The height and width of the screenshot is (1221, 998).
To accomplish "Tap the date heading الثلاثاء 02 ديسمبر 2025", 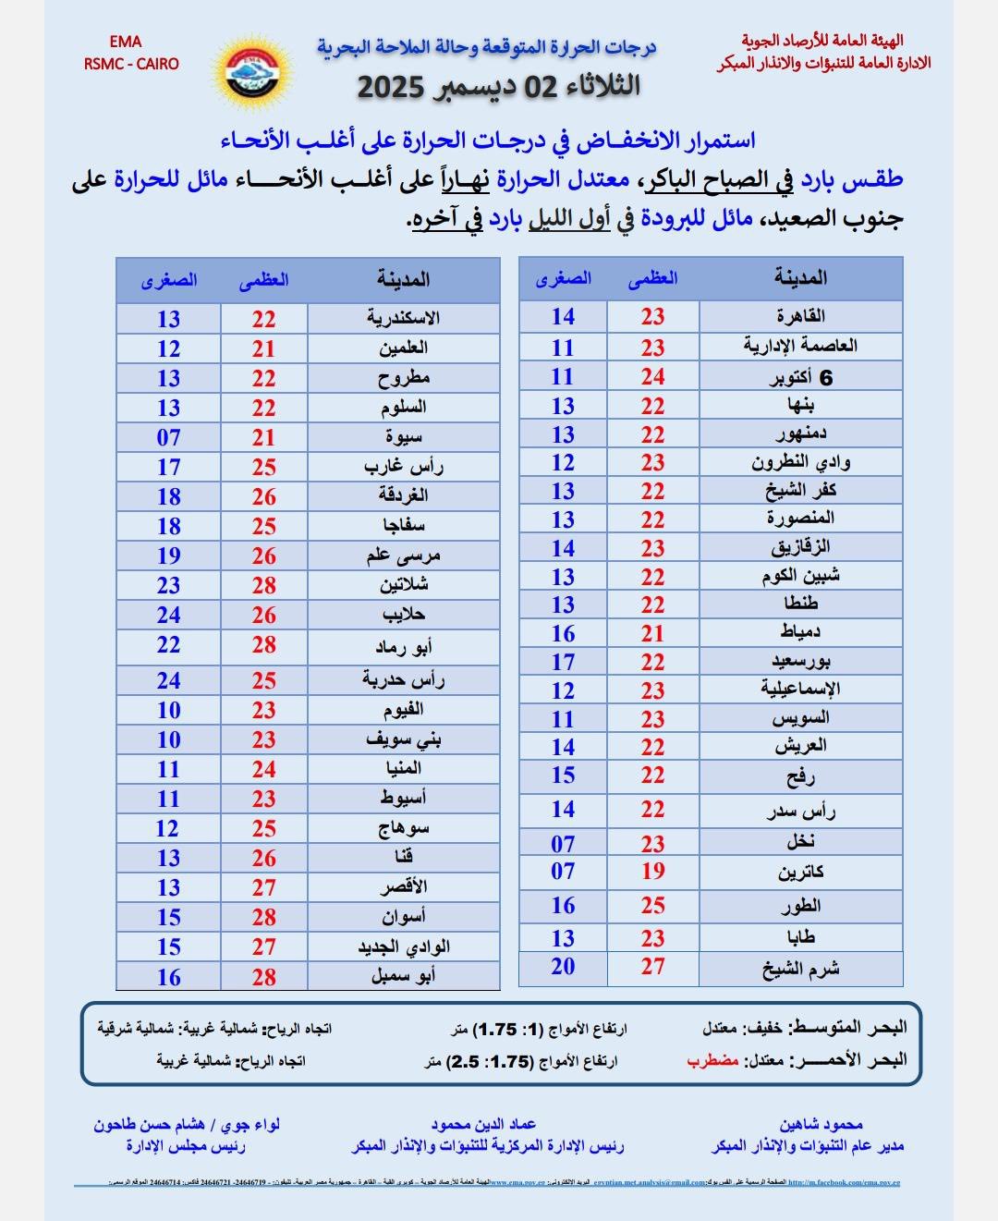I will pyautogui.click(x=499, y=87).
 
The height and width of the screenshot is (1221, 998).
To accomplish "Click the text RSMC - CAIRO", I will pyautogui.click(x=131, y=64).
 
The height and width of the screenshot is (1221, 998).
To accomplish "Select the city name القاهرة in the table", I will pyautogui.click(x=801, y=317).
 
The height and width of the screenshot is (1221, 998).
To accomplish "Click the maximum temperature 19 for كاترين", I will pyautogui.click(x=652, y=872).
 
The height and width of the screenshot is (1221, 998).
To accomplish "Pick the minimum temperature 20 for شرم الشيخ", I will pyautogui.click(x=563, y=968).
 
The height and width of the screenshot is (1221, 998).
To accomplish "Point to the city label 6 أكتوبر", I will pyautogui.click(x=801, y=377).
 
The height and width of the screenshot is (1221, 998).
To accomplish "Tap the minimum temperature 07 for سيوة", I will pyautogui.click(x=168, y=437).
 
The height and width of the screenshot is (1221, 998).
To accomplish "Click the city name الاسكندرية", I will pyautogui.click(x=403, y=319).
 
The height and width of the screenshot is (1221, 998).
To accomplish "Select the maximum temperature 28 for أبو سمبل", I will pyautogui.click(x=263, y=977).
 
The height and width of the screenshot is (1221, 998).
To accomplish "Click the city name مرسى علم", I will pyautogui.click(x=403, y=556).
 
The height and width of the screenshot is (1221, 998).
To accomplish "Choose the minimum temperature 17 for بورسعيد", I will pyautogui.click(x=563, y=663).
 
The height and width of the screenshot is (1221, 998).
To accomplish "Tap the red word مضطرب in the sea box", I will pyautogui.click(x=712, y=1060).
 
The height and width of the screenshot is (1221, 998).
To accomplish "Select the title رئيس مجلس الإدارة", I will pyautogui.click(x=186, y=1146).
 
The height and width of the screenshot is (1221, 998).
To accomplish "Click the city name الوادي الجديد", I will pyautogui.click(x=404, y=947).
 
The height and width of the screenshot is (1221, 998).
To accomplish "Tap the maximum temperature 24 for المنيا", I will pyautogui.click(x=263, y=769).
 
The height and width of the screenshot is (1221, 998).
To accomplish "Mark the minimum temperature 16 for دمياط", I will pyautogui.click(x=563, y=634).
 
